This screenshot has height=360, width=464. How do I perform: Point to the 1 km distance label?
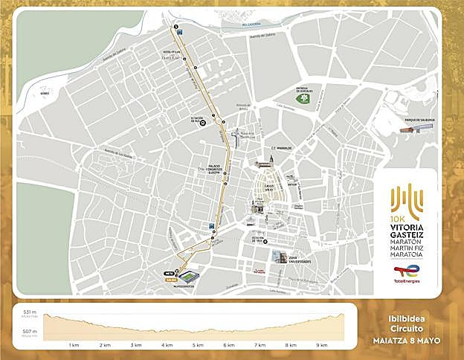tap(74, 345)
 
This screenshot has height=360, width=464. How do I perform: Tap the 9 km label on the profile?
tap(322, 345)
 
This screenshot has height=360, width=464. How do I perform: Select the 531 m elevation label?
tap(30, 312)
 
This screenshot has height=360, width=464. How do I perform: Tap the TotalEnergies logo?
tap(408, 275)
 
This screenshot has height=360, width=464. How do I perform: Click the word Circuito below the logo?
tap(407, 332)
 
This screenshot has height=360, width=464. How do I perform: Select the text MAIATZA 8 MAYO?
tap(407, 341)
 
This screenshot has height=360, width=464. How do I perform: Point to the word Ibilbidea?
tap(407, 322)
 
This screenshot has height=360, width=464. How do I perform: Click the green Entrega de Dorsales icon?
tap(303, 97)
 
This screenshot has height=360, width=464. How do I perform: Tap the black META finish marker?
tap(167, 274)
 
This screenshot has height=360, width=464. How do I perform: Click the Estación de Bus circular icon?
tap(202, 126)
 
